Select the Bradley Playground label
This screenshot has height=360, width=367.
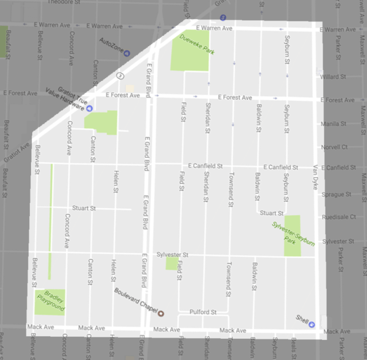(x=49, y=302)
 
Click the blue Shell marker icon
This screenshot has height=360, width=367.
(x=312, y=324)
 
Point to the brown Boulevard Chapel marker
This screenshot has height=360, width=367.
(x=161, y=313)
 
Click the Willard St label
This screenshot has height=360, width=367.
(x=333, y=76)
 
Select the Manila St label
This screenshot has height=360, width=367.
(x=334, y=123)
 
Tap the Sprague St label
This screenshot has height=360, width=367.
(x=334, y=194)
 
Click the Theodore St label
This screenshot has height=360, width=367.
(x=61, y=2)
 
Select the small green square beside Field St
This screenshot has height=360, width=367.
(x=171, y=264)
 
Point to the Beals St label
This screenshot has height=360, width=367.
(x=294, y=346)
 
